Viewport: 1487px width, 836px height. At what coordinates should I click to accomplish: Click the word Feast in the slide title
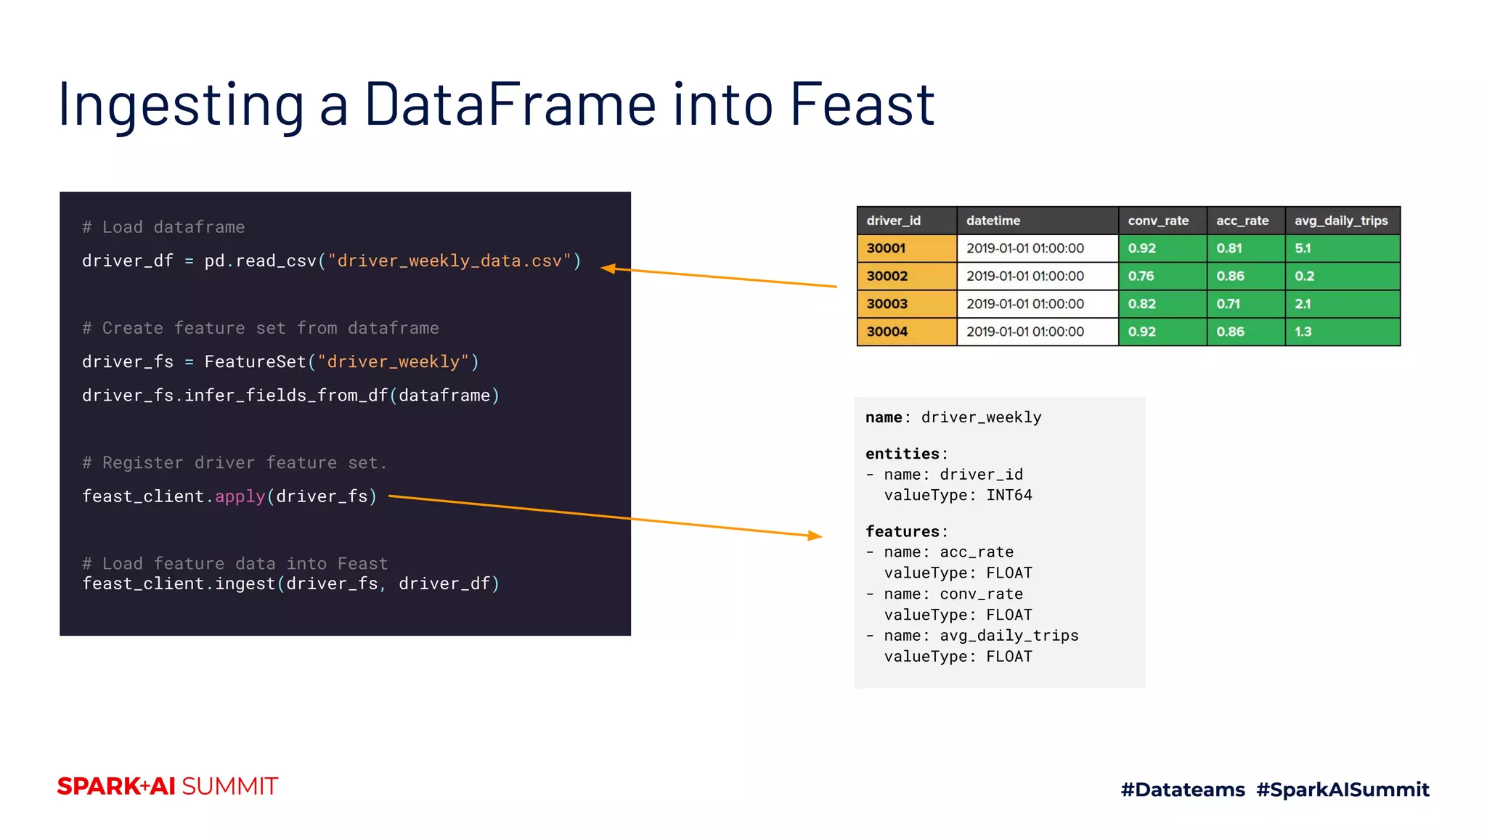tap(862, 104)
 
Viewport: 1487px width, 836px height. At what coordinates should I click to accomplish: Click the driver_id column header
tap(893, 221)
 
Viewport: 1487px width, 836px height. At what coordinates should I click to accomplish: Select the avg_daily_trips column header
tap(1340, 221)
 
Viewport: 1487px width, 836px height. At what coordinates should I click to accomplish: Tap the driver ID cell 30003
tap(887, 304)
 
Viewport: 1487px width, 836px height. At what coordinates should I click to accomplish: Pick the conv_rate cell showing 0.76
tap(1141, 276)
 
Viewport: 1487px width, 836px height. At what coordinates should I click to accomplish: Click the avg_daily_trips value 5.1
tap(1303, 248)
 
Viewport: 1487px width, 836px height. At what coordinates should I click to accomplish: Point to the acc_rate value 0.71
tap(1229, 304)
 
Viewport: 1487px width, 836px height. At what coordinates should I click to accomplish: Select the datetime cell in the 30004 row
tap(1024, 332)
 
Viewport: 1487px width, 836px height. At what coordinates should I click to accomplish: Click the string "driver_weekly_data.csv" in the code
tap(449, 261)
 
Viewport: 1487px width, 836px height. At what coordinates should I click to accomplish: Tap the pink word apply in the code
tap(240, 496)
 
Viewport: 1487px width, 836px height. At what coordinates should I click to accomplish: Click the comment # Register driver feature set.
tap(235, 463)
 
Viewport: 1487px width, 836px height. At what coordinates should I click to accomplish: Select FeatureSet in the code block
tap(256, 362)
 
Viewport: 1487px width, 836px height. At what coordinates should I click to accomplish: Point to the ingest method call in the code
tap(245, 584)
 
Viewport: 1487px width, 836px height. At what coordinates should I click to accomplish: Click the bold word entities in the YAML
tap(903, 454)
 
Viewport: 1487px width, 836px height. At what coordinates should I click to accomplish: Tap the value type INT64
tap(1009, 496)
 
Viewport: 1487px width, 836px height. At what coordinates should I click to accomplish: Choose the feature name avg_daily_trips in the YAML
tap(1009, 636)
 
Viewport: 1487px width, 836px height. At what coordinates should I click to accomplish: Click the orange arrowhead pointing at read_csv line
tap(608, 269)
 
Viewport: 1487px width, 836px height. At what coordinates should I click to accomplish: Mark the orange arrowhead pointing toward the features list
tap(815, 536)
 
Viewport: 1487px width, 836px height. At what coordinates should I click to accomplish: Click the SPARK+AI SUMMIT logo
tap(168, 787)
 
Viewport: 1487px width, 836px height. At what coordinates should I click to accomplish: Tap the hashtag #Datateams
tap(1182, 790)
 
